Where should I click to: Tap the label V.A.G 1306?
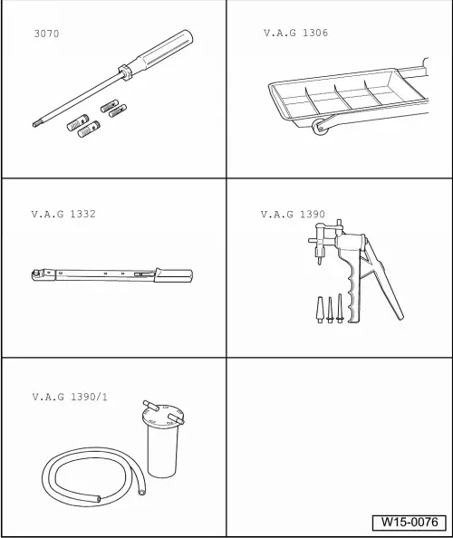295,34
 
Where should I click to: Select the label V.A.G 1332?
63,215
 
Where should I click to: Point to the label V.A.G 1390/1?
70,397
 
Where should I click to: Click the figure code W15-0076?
409,523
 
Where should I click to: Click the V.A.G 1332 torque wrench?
109,272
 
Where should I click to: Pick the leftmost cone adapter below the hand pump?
320,312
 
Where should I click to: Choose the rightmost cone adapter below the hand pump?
342,308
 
